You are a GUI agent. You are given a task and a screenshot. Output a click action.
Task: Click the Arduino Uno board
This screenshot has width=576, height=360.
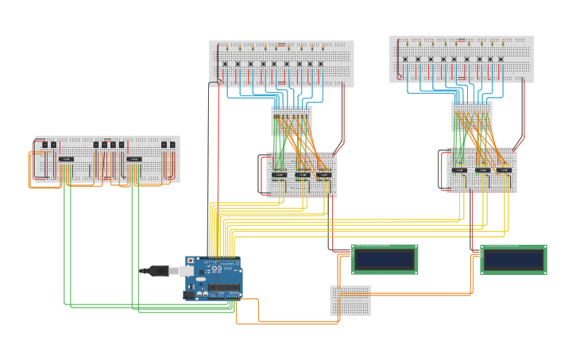tap(213, 278)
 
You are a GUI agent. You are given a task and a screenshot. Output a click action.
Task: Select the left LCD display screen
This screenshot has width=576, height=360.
tap(385, 259)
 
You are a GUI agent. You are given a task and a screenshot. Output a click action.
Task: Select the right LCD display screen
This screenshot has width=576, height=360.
tap(513, 260)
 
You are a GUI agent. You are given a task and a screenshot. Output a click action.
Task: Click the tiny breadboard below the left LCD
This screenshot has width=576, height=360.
tap(350, 300)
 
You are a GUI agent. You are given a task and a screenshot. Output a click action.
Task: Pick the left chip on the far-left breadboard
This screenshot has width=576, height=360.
tap(67, 159)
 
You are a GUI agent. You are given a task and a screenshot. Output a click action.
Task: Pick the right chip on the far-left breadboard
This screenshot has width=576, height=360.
tap(133, 159)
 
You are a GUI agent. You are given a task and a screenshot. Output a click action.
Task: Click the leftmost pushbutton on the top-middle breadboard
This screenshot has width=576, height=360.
tap(225, 64)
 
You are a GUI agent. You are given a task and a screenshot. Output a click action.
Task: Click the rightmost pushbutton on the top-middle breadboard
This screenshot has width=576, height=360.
tap(321, 64)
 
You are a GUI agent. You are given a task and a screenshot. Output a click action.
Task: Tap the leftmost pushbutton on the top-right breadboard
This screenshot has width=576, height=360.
tap(405, 59)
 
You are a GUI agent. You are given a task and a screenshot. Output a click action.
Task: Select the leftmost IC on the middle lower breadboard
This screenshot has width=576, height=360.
tap(279, 175)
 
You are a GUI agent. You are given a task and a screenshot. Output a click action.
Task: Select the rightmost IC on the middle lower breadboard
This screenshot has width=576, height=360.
tap(323, 175)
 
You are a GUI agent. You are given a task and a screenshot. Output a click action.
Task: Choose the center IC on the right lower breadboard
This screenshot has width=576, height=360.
tap(482, 170)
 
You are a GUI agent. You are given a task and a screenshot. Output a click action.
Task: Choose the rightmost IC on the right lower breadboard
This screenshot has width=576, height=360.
tap(504, 170)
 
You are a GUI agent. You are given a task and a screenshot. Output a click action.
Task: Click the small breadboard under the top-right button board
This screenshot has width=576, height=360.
tap(472, 116)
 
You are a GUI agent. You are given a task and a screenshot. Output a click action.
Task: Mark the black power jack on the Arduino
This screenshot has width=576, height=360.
tap(190, 295)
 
